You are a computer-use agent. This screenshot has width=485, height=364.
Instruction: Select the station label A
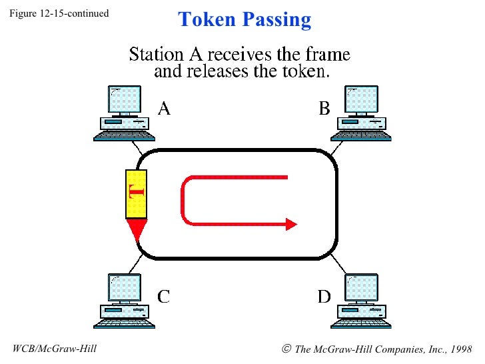(x=163, y=108)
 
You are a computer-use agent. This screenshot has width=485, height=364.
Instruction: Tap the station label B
(x=324, y=108)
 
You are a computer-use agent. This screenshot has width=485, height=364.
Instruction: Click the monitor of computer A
(x=124, y=99)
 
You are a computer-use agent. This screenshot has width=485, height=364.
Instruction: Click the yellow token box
(x=136, y=194)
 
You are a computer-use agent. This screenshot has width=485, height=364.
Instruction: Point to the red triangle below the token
(x=137, y=229)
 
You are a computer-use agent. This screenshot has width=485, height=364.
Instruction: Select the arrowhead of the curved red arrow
(x=291, y=224)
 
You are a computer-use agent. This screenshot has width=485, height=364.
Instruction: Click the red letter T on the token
(x=136, y=193)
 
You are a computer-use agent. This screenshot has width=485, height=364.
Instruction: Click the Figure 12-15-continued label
(x=59, y=13)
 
